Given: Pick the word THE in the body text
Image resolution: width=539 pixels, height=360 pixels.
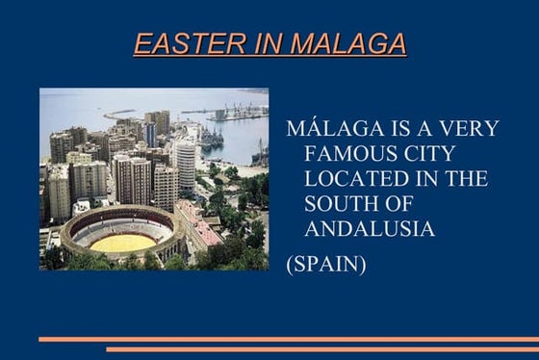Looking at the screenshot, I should [465, 179].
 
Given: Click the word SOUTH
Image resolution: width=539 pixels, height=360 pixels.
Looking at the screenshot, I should [342, 204].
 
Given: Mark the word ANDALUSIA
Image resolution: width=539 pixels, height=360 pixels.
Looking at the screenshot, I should [370, 229].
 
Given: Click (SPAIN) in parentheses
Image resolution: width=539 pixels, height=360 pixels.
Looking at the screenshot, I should [326, 263].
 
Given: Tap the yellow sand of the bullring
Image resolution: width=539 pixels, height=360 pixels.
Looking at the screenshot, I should [121, 244].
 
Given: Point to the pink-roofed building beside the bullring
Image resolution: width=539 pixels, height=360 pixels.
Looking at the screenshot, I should [203, 228].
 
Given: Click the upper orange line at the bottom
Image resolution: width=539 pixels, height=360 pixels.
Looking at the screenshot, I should [289, 339].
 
